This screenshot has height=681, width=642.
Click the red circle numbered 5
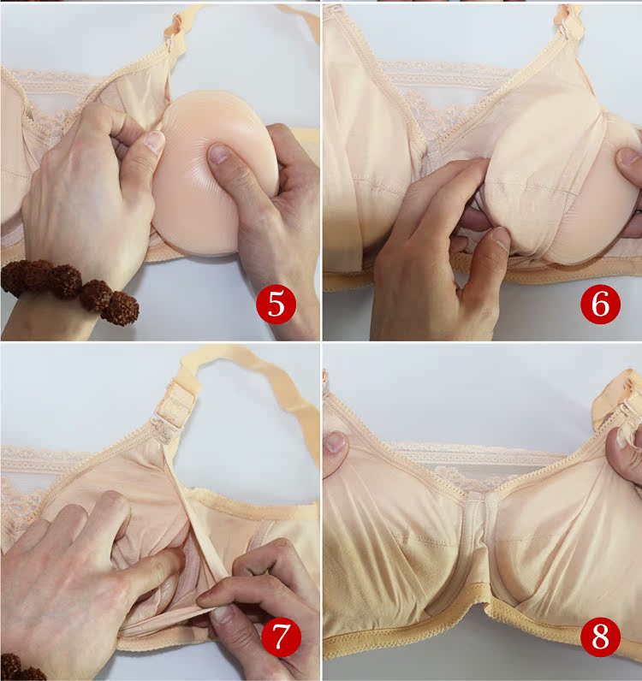pyautogui.click(x=276, y=304)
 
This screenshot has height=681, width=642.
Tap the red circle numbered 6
pyautogui.click(x=601, y=304)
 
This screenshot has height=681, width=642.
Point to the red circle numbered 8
pyautogui.click(x=601, y=637)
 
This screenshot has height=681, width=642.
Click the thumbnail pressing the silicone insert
pyautogui.click(x=220, y=154)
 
